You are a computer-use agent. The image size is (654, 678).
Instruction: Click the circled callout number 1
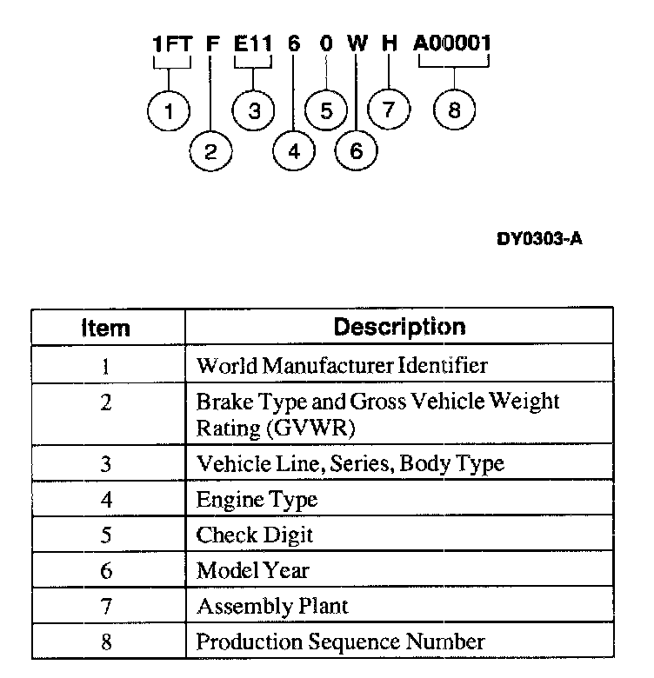click(x=169, y=111)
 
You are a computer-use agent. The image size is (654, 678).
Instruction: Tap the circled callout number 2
click(x=210, y=152)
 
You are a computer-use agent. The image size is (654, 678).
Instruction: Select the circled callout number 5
click(x=326, y=111)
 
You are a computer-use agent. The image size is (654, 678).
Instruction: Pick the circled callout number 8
click(x=454, y=111)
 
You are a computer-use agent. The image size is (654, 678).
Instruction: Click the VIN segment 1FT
click(x=171, y=43)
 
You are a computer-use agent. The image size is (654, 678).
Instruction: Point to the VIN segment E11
click(x=254, y=43)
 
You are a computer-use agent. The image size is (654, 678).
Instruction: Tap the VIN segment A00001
click(x=452, y=43)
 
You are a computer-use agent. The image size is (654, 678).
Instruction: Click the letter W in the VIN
click(x=356, y=43)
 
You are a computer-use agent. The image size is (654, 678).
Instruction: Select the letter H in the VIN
click(x=389, y=43)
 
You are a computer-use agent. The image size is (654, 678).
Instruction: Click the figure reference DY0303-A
click(x=539, y=237)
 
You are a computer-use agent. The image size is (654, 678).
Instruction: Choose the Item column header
click(x=105, y=328)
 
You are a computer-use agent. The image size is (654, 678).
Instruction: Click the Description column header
click(x=399, y=327)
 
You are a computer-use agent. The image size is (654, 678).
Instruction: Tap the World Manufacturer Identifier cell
click(x=342, y=365)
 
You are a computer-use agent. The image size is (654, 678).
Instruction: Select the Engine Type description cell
click(x=257, y=500)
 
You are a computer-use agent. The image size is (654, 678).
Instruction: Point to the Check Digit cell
click(x=254, y=535)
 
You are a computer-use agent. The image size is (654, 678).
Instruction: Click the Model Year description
click(x=252, y=570)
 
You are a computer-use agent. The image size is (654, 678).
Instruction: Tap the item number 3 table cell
click(x=105, y=463)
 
